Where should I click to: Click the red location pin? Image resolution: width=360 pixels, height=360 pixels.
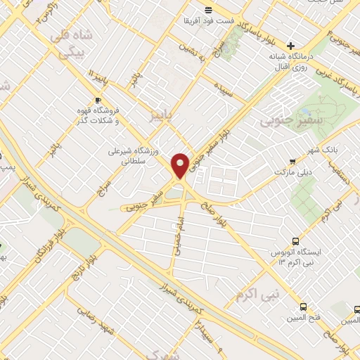click(181, 165)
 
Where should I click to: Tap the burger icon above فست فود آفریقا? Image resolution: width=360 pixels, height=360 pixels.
click(207, 9)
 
